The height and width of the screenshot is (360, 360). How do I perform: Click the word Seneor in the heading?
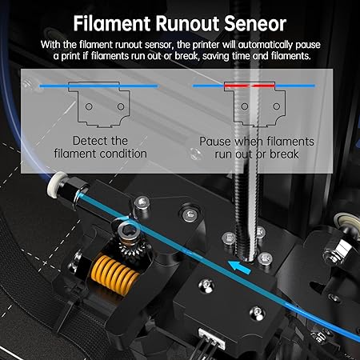point(255,24)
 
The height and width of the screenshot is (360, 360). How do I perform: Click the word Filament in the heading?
point(112,24)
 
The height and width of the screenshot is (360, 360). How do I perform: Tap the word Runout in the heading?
point(187,24)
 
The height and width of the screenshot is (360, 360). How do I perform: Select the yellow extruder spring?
point(115,275)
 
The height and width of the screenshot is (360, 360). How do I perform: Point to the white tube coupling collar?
point(57,185)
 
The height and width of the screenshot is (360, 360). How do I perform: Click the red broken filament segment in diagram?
point(250,86)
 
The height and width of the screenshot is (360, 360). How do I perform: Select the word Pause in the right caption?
point(214,142)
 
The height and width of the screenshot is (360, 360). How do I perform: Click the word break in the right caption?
point(284,154)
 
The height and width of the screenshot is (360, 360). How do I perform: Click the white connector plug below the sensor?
point(212,339)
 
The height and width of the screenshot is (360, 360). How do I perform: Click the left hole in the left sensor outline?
point(89,106)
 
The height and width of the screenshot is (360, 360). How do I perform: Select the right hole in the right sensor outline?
point(277,106)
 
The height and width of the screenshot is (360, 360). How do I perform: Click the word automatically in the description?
point(266,45)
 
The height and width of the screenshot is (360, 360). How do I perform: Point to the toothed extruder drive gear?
point(133,247)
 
